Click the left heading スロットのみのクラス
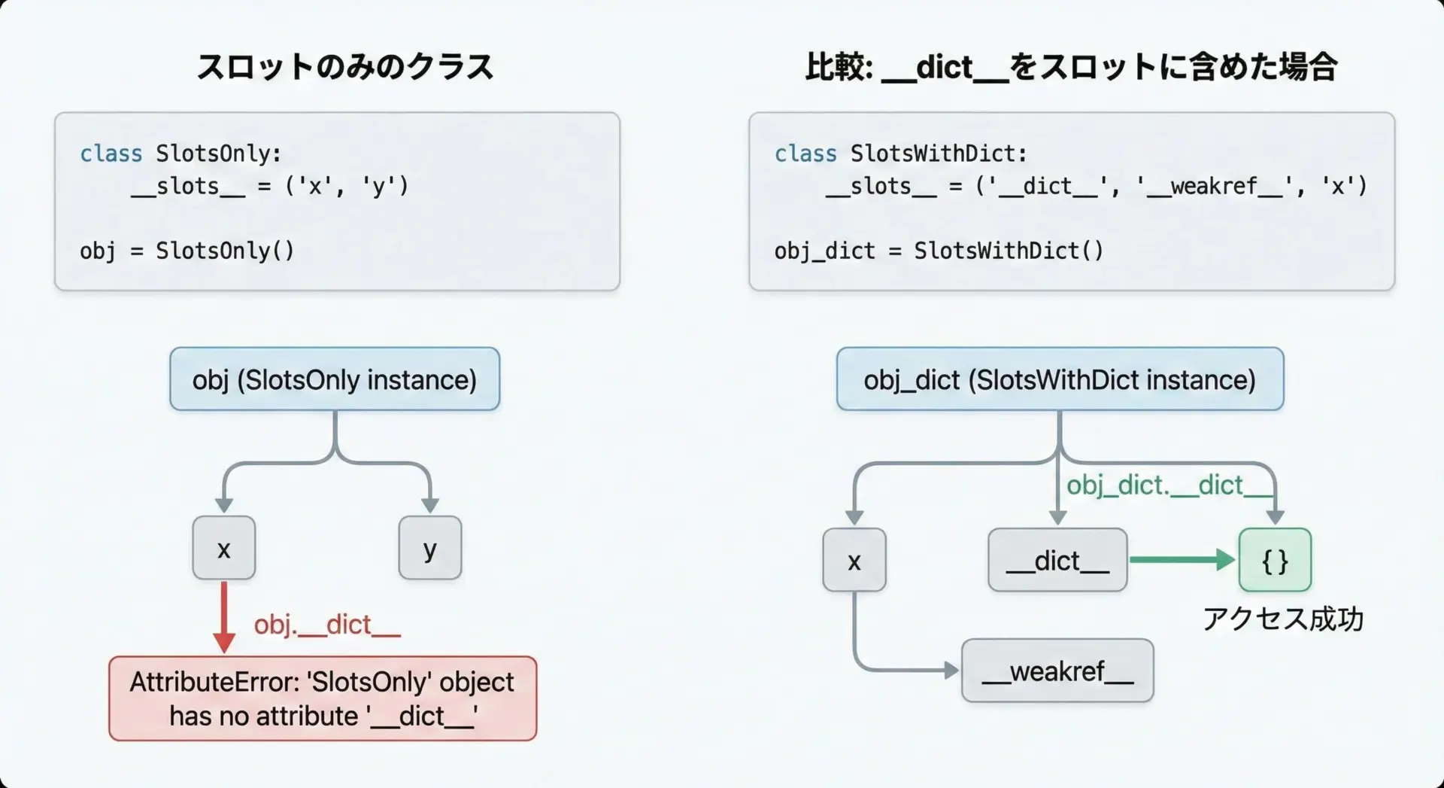point(344,67)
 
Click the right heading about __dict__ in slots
point(1071,67)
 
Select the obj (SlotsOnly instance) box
point(335,379)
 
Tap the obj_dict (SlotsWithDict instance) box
point(1060,379)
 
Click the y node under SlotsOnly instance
point(429,548)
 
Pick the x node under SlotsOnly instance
point(223,548)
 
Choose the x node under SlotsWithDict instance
point(854,560)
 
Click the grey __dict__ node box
point(1057,560)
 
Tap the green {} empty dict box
point(1275,560)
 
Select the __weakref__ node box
point(1057,671)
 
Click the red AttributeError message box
point(323,698)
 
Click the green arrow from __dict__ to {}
point(1181,559)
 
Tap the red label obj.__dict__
point(327,625)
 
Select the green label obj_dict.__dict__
point(1166,485)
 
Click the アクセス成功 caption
point(1282,619)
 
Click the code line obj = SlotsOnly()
point(187,251)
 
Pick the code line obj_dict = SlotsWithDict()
point(939,251)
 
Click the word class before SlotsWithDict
point(805,154)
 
